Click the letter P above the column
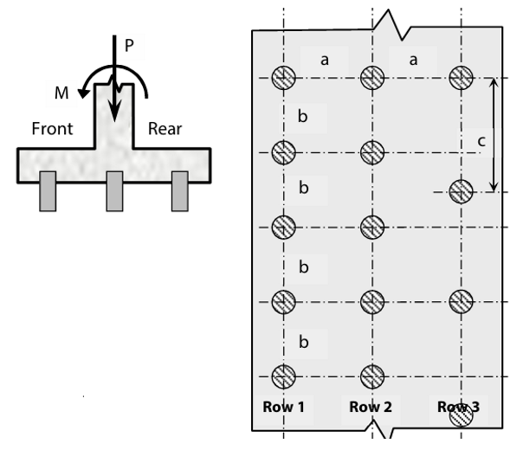pos(129,45)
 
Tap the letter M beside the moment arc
pos(61,93)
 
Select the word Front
pos(52,129)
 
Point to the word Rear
pos(165,129)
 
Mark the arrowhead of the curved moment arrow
pos(83,93)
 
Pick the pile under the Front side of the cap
pos(48,191)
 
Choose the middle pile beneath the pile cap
pos(115,191)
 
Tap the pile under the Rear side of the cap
pos(180,191)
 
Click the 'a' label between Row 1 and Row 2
pos(325,61)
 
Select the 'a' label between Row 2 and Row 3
pos(413,61)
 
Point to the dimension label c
pos(481,141)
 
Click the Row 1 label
pos(283,407)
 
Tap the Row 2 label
pos(371,407)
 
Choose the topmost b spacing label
pos(302,116)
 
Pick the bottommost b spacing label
pos(304,342)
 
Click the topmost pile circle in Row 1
pos(284,78)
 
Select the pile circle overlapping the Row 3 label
pos(462,415)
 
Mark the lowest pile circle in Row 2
pos(372,376)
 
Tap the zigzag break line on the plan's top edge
pos(392,26)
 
